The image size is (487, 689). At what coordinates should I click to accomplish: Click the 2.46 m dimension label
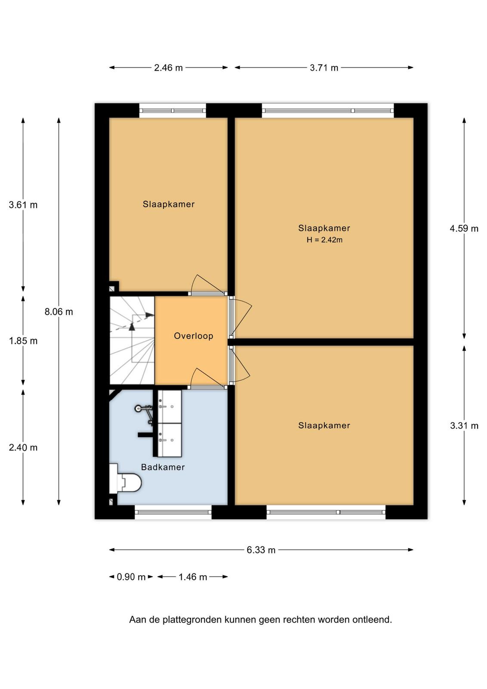click(168, 68)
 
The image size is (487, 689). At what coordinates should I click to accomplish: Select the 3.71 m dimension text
click(324, 68)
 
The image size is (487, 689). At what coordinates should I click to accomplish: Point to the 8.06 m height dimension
click(59, 312)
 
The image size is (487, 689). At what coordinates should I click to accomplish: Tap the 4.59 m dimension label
click(464, 229)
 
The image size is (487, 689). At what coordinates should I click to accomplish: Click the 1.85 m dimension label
click(23, 341)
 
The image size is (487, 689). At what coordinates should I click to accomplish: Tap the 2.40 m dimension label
click(23, 447)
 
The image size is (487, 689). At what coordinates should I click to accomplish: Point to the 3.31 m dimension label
click(464, 426)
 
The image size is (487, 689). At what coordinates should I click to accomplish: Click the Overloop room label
click(194, 336)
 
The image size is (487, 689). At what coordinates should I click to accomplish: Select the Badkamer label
click(163, 468)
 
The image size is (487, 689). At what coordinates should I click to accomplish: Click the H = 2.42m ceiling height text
click(324, 240)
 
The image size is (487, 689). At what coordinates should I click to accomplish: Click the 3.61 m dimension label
click(23, 205)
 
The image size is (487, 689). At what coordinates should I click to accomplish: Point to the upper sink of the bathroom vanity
click(170, 407)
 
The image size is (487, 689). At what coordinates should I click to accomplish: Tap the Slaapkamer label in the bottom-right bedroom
click(324, 426)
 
